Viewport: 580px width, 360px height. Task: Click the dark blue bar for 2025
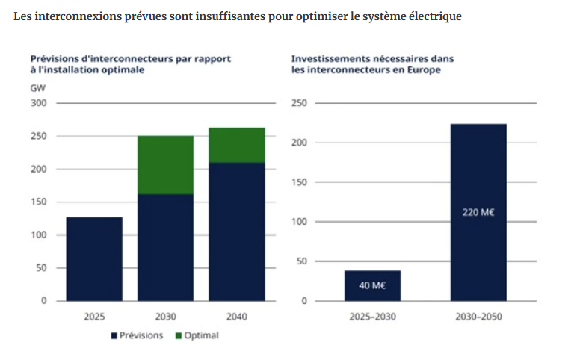pos(94,258)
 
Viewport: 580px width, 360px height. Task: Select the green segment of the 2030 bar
pos(165,165)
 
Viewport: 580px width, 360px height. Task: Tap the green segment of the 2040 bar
pos(236,145)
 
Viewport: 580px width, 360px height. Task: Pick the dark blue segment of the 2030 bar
pos(165,247)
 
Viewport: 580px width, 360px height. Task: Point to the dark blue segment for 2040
pos(236,232)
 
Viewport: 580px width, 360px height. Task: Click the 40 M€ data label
pos(372,286)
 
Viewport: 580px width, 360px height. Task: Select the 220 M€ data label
pos(478,212)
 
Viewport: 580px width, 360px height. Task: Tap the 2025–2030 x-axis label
pos(372,317)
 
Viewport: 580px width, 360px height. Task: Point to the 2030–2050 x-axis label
pos(478,317)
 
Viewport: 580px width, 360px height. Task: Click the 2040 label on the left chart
pos(236,317)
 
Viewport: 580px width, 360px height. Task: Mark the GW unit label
pos(37,88)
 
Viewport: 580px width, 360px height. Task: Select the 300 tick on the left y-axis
pos(38,103)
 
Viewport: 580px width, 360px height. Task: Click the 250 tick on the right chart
pos(299,103)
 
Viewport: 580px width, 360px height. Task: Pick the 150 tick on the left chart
pos(38,202)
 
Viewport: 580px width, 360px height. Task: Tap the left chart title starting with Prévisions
pos(129,63)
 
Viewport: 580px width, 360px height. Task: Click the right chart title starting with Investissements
pos(372,63)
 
